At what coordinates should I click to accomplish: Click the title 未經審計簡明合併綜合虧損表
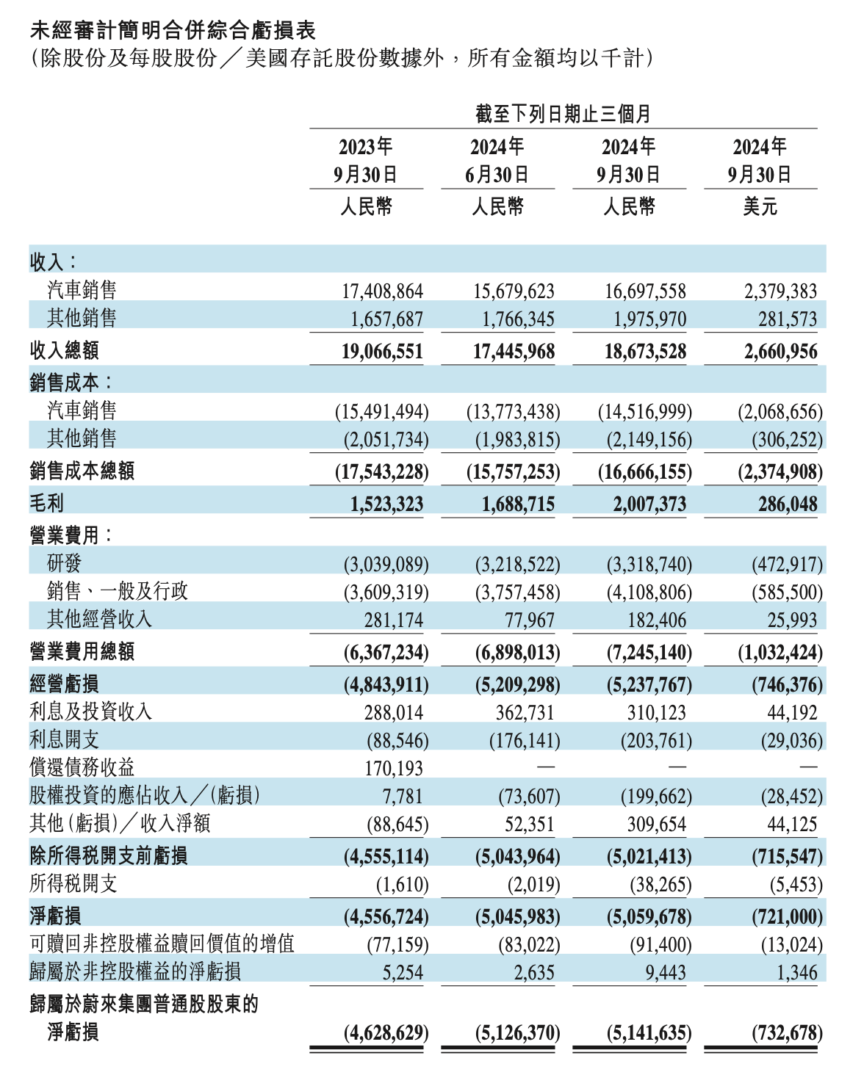tap(173, 30)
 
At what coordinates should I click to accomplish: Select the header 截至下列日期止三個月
tap(563, 114)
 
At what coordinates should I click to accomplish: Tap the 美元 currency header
tap(760, 206)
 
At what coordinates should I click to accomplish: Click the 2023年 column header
tap(366, 147)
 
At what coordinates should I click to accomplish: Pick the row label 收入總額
tap(65, 350)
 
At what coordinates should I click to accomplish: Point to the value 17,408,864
tap(382, 291)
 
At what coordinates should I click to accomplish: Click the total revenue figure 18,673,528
tap(645, 352)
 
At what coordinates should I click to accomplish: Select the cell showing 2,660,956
tap(780, 352)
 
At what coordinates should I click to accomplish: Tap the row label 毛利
tap(47, 503)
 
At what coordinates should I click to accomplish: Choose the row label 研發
tap(65, 563)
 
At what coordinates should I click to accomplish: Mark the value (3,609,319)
tap(386, 592)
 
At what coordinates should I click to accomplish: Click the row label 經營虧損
tap(65, 684)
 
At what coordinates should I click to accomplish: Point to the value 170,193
tap(394, 769)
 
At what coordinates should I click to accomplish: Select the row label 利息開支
tap(65, 739)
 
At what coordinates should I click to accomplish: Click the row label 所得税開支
tap(73, 883)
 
